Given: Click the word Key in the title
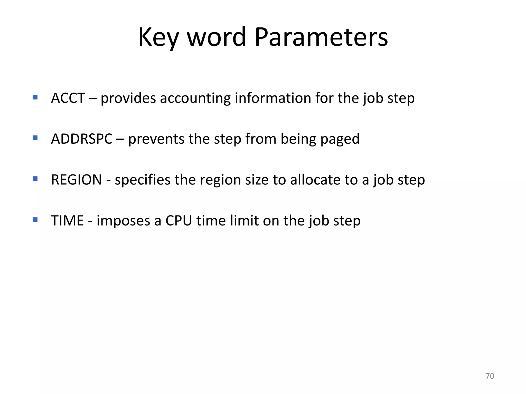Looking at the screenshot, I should (158, 37).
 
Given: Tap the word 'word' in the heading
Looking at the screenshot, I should (217, 37).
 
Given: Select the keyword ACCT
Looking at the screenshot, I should (68, 98).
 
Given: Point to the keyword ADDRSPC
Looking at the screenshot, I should (82, 139).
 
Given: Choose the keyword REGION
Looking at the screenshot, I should (76, 180).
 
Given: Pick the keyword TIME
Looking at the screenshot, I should (67, 220).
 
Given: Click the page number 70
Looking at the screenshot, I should (490, 376).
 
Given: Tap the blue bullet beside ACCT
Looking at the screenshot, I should (35, 97).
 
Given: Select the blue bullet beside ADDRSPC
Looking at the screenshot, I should (35, 138).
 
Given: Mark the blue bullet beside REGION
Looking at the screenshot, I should (35, 179).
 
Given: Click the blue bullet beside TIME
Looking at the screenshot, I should (35, 220).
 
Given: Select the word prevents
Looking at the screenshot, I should (156, 139).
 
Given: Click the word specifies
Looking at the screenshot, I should (142, 180).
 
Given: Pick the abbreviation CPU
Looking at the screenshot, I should (179, 220).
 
